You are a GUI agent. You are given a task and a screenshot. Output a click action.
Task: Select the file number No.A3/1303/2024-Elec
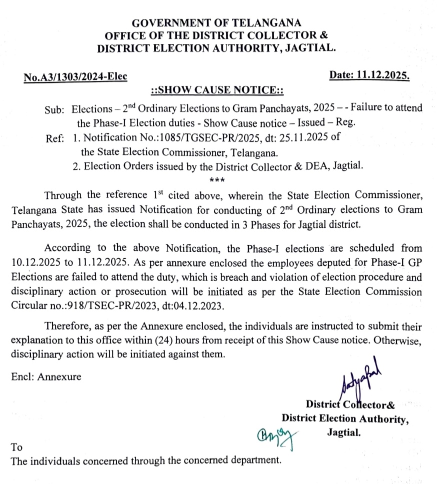75,77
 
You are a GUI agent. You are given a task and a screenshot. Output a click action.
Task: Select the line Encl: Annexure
46,377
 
